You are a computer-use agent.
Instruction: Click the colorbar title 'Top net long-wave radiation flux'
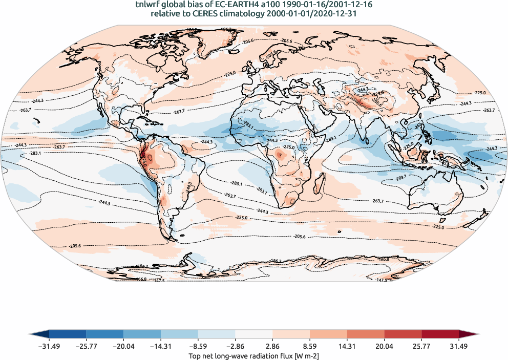coord(245,355)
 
